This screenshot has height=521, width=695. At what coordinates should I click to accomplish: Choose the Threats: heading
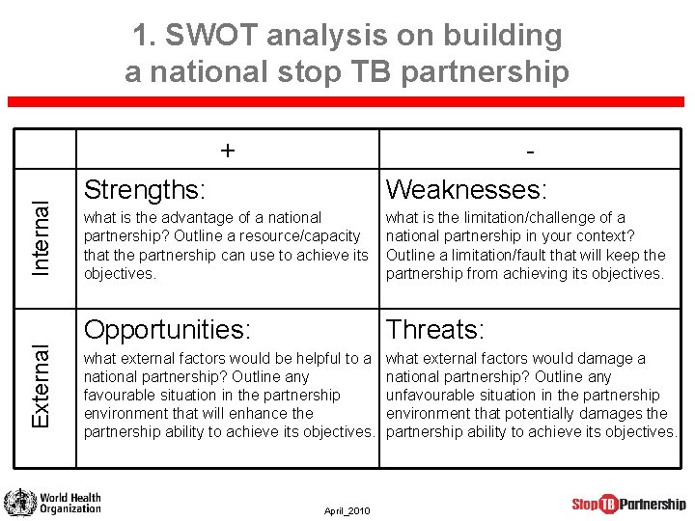(435, 329)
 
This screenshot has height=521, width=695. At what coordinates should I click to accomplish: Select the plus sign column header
(227, 151)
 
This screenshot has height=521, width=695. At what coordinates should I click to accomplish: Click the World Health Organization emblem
(18, 503)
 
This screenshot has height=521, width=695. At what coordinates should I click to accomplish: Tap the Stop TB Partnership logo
(628, 504)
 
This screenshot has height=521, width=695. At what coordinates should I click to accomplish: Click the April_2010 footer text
(347, 510)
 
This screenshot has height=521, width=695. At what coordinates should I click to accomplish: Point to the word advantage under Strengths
(198, 218)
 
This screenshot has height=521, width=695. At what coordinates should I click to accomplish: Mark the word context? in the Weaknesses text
(605, 236)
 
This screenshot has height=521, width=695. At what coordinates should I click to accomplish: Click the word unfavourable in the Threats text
(431, 396)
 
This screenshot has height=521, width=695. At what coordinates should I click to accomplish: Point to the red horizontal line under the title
(347, 102)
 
